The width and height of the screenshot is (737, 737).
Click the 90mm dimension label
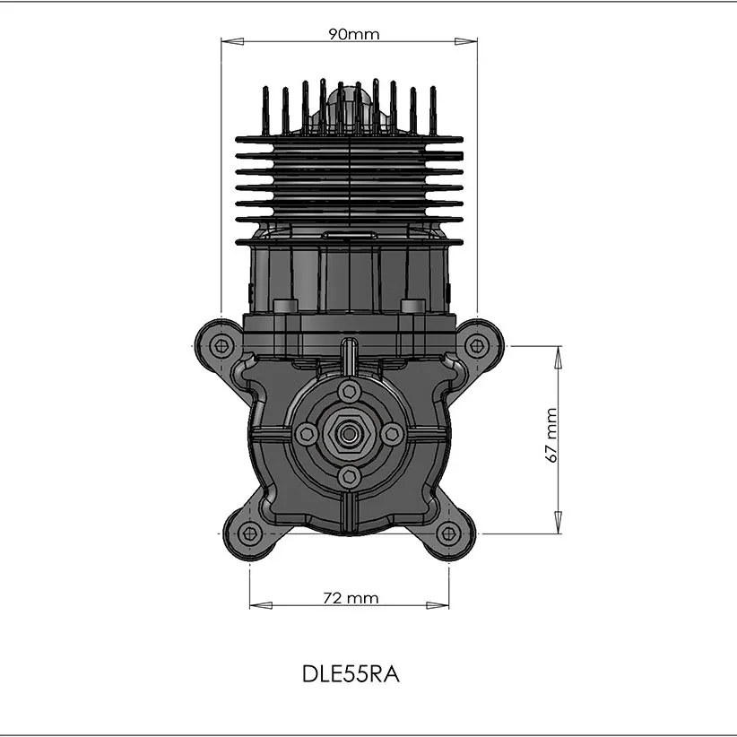pos(353,34)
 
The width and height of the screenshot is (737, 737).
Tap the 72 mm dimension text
pos(351,598)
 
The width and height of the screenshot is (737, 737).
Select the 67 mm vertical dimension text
pos(551,435)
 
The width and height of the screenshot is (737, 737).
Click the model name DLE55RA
pos(351,674)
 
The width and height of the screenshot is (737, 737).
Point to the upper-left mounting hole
pos(221,346)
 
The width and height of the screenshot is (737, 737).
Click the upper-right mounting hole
pos(477,346)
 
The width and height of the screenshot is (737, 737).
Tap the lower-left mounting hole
pos(249,534)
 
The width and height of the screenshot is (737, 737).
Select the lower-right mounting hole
pos(449,534)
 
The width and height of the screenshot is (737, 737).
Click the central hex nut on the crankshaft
pos(348,433)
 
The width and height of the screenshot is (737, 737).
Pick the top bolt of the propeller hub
pos(350,391)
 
